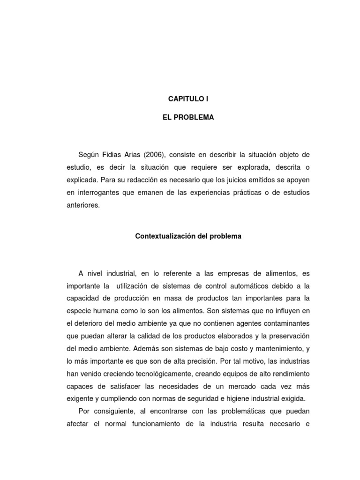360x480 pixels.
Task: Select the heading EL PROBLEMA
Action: point(187,118)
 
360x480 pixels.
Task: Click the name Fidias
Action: point(114,155)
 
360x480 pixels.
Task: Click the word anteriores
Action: point(83,205)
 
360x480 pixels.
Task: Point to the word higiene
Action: point(235,399)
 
